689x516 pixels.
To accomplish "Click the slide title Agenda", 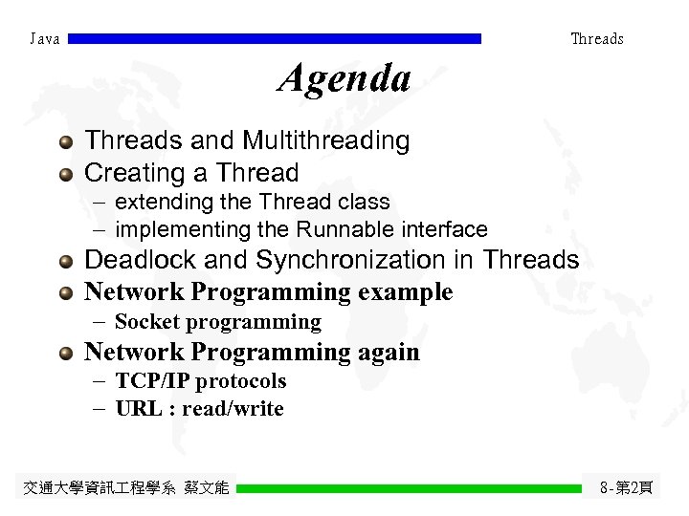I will point(344,78).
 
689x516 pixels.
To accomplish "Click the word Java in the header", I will point(45,39).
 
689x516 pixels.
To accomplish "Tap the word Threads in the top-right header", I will point(596,39).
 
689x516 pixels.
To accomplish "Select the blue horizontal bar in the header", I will point(276,39).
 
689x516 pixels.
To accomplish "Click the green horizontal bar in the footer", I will point(409,488).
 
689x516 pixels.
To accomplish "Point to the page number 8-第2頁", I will point(626,488).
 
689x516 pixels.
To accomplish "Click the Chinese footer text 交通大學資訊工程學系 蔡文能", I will point(125,488).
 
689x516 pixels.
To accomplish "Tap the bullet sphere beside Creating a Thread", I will point(65,175).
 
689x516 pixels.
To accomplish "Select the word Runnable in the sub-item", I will point(334,229).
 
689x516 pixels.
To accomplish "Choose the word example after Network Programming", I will point(404,291).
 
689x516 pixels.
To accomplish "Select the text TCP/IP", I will point(152,381).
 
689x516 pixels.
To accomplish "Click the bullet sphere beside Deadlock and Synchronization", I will point(65,262).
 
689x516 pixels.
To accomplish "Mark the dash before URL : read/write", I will point(99,409).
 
